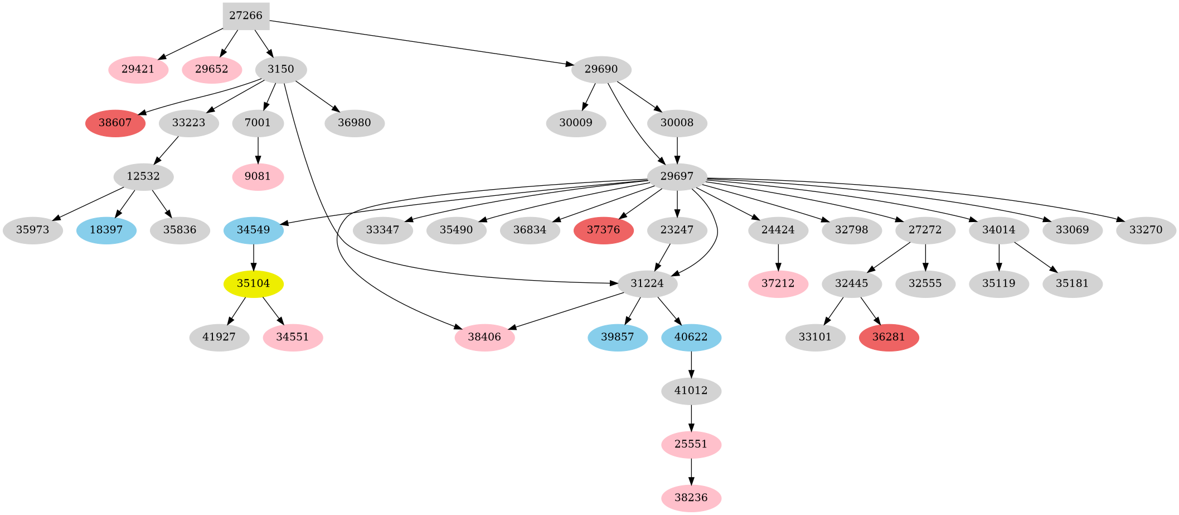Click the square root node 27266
tap(246, 16)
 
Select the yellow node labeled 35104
tap(254, 283)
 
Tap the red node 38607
tap(115, 123)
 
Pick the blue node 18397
tap(106, 230)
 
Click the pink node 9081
tap(258, 176)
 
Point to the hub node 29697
tap(677, 176)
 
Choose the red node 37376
tap(603, 230)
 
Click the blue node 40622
tap(691, 337)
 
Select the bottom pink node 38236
tap(691, 498)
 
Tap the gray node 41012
tap(691, 391)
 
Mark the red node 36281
tap(889, 337)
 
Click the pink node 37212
tap(778, 283)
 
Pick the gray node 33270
tap(1146, 230)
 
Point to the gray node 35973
tap(32, 230)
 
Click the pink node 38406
tap(484, 337)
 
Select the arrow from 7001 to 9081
tap(258, 150)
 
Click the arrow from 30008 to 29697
tap(677, 150)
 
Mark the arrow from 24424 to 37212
tap(778, 257)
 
